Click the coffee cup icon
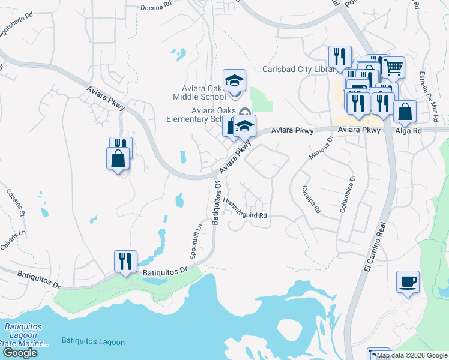click(x=408, y=281)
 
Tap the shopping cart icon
click(x=393, y=68)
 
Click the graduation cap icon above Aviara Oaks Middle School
click(x=234, y=80)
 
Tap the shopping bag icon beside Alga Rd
click(x=406, y=112)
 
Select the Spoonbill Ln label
click(x=196, y=242)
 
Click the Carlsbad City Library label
click(x=298, y=70)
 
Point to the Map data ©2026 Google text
click(x=411, y=355)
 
